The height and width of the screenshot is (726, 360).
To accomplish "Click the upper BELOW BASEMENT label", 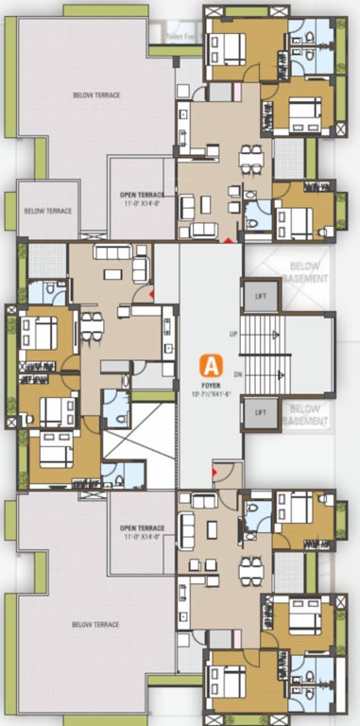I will (x=308, y=272).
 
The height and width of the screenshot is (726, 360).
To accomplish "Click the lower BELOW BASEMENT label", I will (x=308, y=414).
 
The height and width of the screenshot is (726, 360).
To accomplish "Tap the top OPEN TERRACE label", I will (x=139, y=195).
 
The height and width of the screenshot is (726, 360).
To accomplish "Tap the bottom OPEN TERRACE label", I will (x=139, y=527).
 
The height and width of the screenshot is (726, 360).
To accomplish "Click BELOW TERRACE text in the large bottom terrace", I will (x=96, y=625).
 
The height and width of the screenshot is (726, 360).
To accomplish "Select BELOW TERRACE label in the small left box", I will (x=48, y=211).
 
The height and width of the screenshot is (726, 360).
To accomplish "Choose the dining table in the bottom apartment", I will (x=249, y=565).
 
